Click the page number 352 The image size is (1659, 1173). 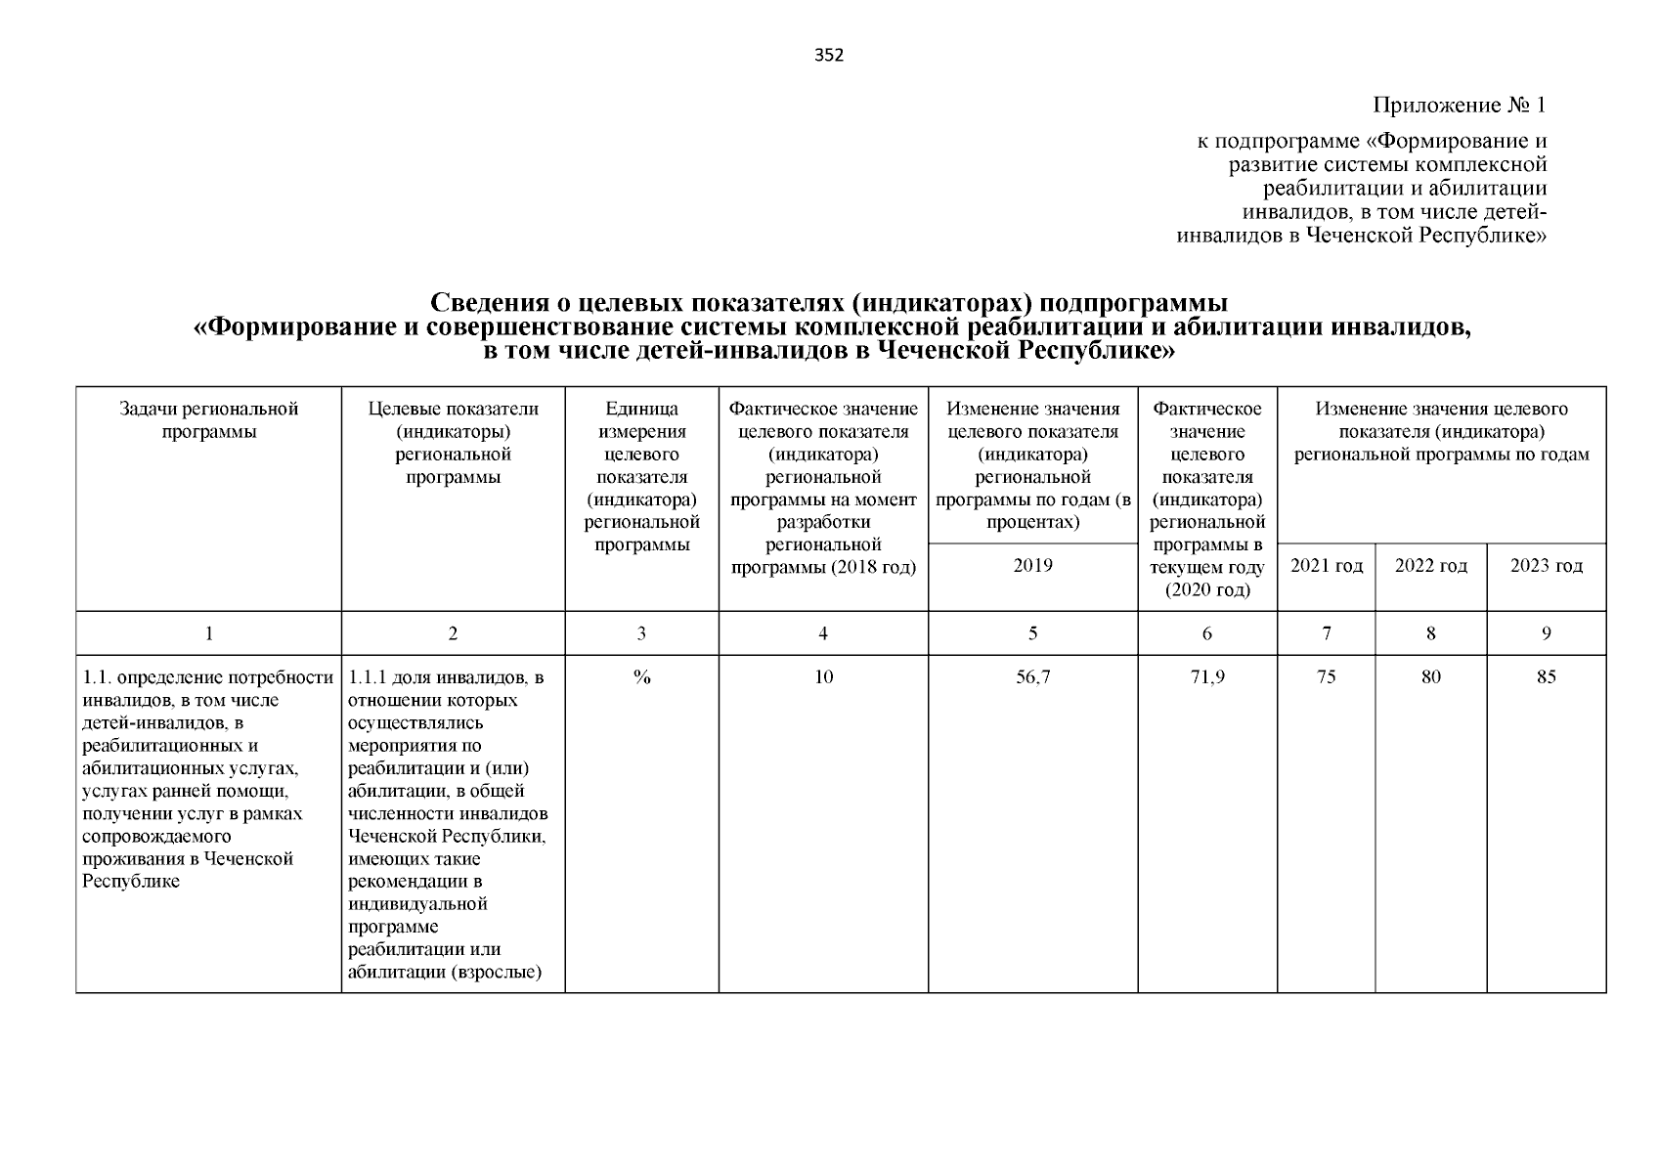pos(828,56)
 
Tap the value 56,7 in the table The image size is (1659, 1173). pos(1032,676)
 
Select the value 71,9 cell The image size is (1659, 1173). pos(1206,676)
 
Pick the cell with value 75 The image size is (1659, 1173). pos(1326,676)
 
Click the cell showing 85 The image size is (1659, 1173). pos(1546,676)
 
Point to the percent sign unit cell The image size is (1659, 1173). pos(641,676)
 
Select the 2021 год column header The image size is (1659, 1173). pos(1326,566)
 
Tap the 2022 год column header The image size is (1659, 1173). pos(1430,566)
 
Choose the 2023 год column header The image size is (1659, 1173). pos(1546,566)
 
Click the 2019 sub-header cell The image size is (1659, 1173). pos(1032,566)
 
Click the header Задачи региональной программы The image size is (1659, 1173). pos(208,420)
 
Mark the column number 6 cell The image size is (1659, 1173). pos(1206,633)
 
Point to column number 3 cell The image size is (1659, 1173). pos(641,633)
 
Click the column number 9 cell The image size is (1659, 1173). pos(1546,633)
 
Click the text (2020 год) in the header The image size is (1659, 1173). pos(1206,590)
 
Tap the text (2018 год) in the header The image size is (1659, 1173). pos(872,567)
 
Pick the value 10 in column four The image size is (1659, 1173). pos(823,676)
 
